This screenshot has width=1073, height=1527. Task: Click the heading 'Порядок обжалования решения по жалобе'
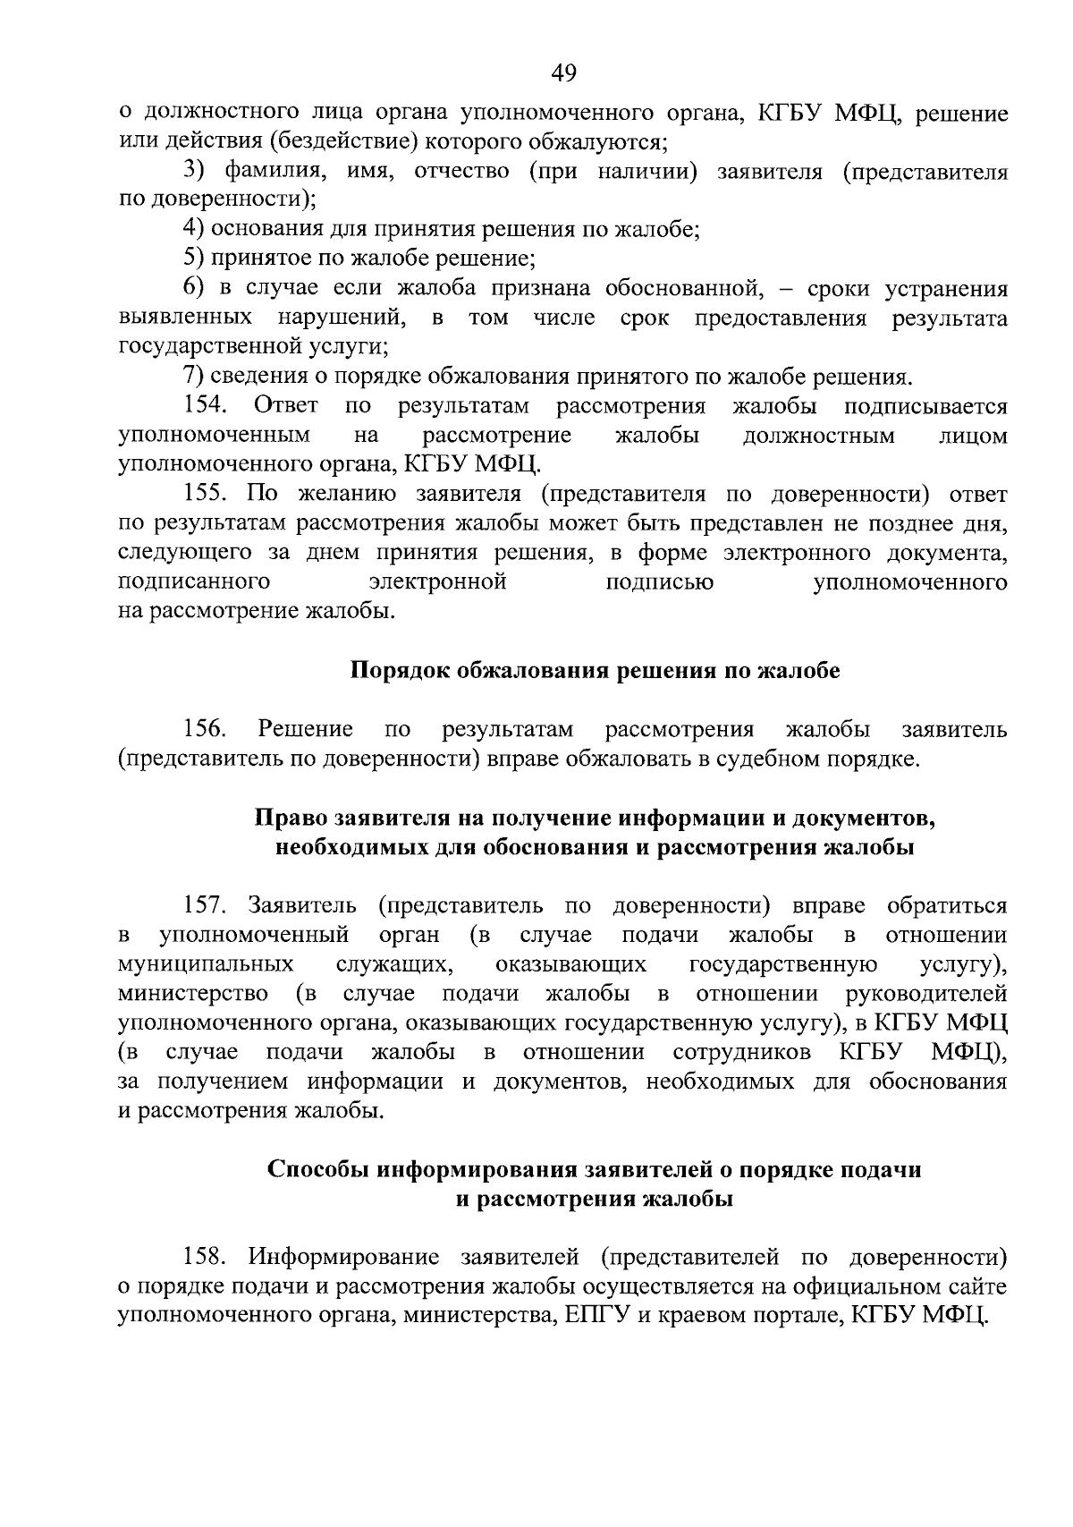(595, 671)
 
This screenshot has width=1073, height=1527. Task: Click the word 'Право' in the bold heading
(291, 818)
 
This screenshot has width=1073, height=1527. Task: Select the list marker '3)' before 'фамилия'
(195, 172)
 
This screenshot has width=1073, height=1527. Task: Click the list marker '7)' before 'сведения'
(195, 377)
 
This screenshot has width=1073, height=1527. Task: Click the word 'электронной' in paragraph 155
(438, 582)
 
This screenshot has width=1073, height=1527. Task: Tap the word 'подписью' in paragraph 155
(660, 582)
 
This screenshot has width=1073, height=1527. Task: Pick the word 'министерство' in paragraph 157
(193, 994)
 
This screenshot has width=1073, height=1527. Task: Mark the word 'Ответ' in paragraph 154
(286, 406)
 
